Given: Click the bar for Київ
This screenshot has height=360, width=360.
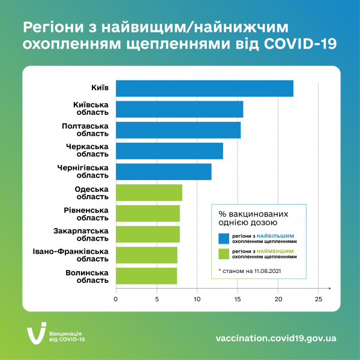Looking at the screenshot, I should tap(205, 88).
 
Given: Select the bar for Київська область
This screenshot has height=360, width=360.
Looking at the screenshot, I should tap(179, 109).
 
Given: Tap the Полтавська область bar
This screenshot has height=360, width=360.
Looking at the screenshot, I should tap(178, 130).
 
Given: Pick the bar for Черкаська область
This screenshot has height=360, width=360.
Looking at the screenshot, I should tap(169, 151).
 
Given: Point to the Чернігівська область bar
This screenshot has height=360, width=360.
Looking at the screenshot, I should tap(164, 172).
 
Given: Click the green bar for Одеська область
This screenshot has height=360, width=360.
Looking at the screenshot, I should tap(149, 193).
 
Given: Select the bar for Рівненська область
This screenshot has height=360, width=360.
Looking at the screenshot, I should tap(148, 214).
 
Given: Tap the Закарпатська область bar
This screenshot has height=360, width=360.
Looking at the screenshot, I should tap(148, 234).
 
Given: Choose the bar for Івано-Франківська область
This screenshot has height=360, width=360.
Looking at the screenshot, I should tap(146, 255).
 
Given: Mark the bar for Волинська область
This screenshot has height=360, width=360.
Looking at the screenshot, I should tap(146, 276).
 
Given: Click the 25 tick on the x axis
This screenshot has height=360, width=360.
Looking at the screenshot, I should tap(319, 298).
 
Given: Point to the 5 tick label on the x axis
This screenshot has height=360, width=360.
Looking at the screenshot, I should tap(157, 298).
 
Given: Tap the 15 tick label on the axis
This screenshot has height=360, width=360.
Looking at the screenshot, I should tap(238, 298).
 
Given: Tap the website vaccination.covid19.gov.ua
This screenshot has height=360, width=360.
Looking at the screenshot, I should tap(276, 338).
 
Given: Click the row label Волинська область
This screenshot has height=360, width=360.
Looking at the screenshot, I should tap(87, 276).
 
